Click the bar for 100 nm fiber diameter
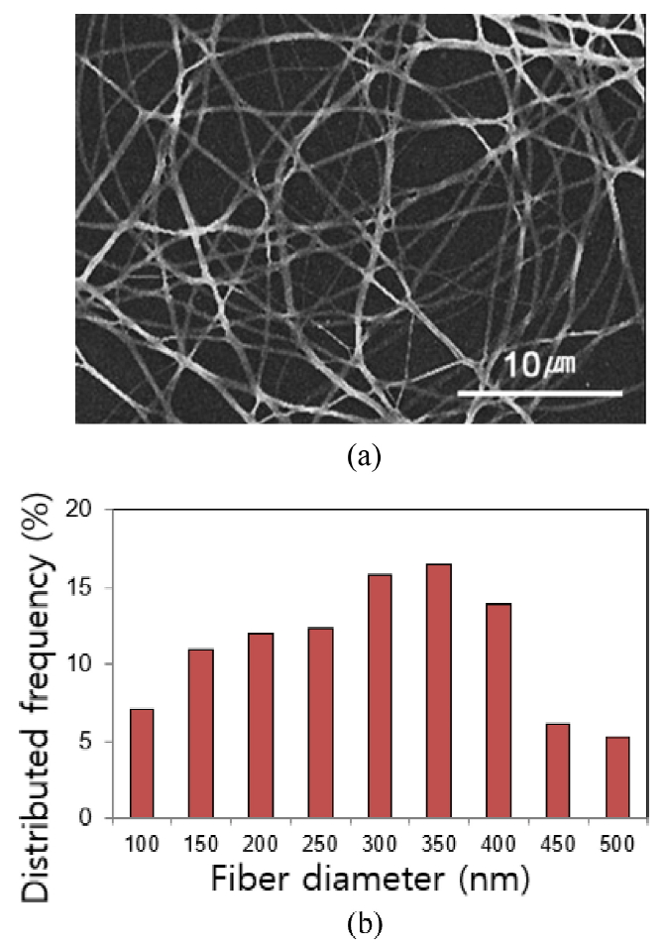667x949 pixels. (142, 764)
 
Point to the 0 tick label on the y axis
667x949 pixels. (95, 819)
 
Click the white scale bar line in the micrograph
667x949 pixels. (539, 394)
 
